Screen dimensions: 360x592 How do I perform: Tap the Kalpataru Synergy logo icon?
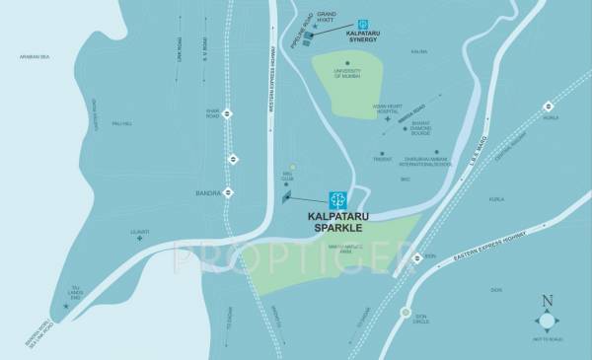click(x=362, y=24)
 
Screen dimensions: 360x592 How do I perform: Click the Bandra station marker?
click(x=229, y=193)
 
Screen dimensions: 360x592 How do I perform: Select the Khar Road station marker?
click(x=229, y=112)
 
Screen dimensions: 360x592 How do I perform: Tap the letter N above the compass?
click(x=548, y=300)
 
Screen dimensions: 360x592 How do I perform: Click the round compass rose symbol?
click(x=548, y=321)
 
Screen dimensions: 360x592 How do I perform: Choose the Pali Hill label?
click(x=121, y=123)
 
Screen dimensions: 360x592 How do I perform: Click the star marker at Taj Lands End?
click(x=67, y=307)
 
